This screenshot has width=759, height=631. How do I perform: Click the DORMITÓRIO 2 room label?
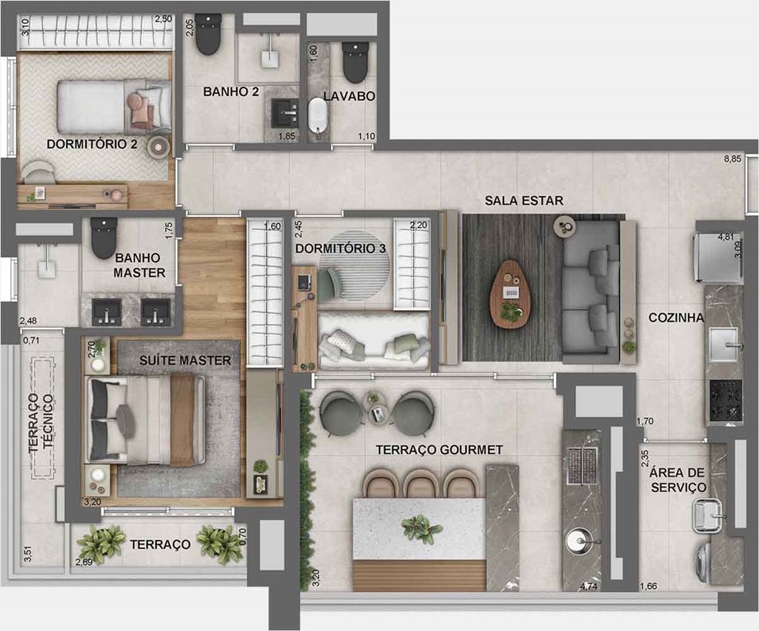point(92,144)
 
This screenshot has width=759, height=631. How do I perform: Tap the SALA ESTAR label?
point(524,200)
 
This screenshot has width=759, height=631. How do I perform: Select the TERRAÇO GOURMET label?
point(440,450)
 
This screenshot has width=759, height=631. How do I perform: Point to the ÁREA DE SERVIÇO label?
point(678,479)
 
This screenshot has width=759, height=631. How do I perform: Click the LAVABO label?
point(349,95)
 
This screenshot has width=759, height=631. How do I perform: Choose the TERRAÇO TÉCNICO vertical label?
point(41,424)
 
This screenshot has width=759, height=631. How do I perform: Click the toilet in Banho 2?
point(209,34)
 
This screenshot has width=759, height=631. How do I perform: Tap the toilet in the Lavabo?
point(355,62)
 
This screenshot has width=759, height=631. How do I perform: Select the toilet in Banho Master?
point(104,238)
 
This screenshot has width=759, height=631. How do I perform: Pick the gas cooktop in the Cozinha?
point(726,400)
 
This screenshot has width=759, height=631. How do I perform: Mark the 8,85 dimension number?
point(732,158)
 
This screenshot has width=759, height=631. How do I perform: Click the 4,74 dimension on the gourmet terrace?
point(589,587)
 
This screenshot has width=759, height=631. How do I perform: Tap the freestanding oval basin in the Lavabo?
point(318,115)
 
